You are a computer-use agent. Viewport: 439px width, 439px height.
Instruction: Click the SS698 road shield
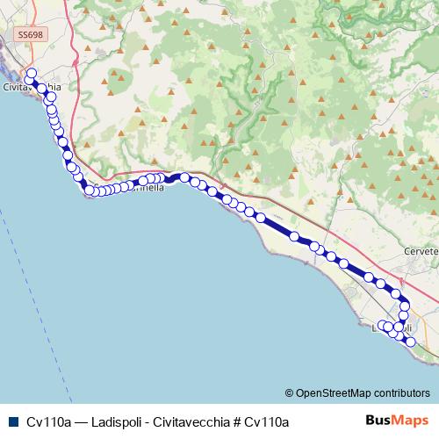tap(29, 34)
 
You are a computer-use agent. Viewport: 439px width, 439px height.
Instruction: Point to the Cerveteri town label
tap(420, 250)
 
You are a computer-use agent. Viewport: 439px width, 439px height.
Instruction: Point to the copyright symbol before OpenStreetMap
tap(290, 392)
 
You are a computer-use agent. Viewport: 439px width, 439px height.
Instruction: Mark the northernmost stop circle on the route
tap(32, 74)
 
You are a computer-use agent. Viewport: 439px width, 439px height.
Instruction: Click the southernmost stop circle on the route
tap(409, 341)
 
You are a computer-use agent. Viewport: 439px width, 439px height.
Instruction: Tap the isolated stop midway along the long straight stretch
tap(295, 236)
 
